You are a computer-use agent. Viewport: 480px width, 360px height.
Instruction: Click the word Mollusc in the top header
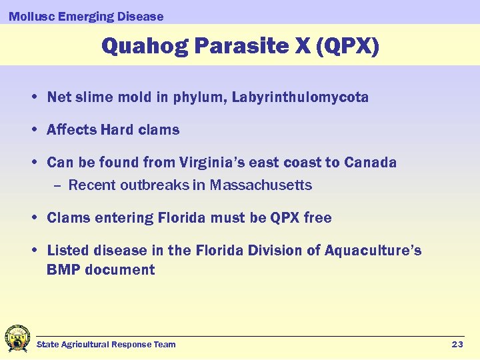31,16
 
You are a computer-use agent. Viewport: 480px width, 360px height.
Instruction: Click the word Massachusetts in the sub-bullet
261,185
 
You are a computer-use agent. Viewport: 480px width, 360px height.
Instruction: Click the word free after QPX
317,218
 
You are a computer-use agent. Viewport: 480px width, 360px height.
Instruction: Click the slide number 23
457,345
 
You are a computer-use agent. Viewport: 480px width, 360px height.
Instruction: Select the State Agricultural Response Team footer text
106,345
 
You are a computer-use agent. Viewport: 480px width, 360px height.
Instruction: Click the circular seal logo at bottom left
17,338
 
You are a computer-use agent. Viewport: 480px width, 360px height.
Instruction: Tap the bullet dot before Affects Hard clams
34,130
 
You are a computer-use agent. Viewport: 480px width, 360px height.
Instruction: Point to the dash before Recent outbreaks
57,185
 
